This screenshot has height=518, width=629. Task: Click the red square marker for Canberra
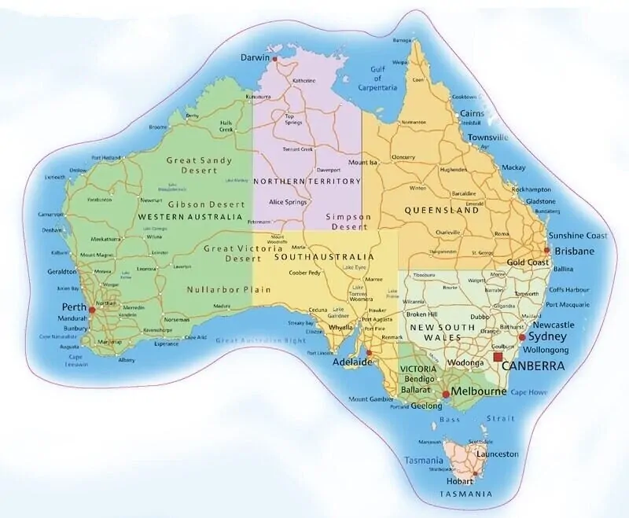pos(497,357)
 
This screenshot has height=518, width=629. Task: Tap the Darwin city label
pos(256,57)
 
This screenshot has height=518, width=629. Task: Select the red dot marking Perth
pos(92,310)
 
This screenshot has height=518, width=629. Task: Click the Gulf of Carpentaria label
pos(382,79)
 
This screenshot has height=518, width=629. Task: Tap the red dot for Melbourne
pos(446,393)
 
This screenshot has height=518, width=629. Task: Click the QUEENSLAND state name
pos(441,211)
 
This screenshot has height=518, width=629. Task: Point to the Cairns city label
pos(472,113)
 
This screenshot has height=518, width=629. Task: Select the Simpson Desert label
pos(348,221)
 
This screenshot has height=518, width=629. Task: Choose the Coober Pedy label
pos(304,273)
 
